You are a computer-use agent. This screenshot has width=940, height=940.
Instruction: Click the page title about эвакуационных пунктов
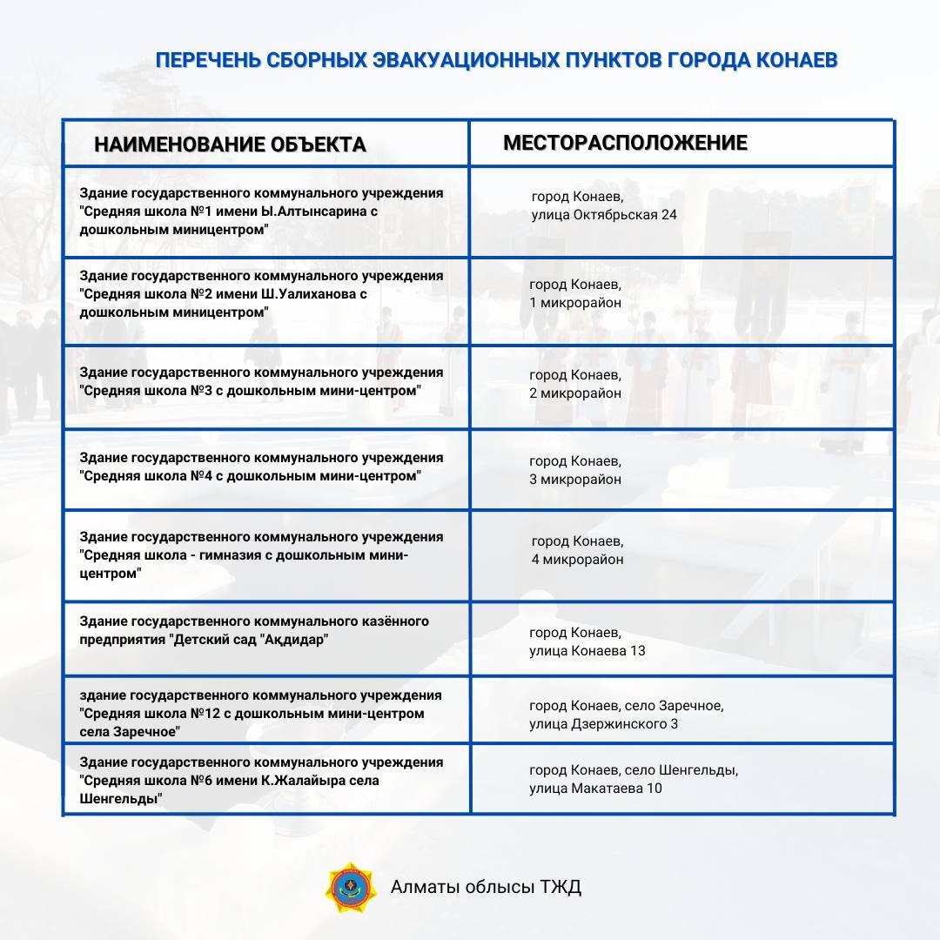point(496,61)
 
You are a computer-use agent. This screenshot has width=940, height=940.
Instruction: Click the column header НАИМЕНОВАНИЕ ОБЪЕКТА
point(230,144)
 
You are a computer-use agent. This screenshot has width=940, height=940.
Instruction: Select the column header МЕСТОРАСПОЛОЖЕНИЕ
point(625,143)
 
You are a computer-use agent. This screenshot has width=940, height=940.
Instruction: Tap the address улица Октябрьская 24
point(604,214)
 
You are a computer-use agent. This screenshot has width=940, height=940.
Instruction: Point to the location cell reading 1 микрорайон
point(575,303)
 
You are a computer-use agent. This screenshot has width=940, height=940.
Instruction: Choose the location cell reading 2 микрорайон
point(575,393)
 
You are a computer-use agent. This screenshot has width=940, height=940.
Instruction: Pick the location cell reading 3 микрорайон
point(575,479)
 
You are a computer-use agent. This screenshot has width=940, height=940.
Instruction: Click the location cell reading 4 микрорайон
point(578,559)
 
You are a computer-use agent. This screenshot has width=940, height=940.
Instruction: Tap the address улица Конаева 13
point(587,650)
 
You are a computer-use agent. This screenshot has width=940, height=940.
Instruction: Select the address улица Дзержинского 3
point(603,723)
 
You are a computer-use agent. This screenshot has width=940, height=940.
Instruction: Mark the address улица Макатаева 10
point(595,788)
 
